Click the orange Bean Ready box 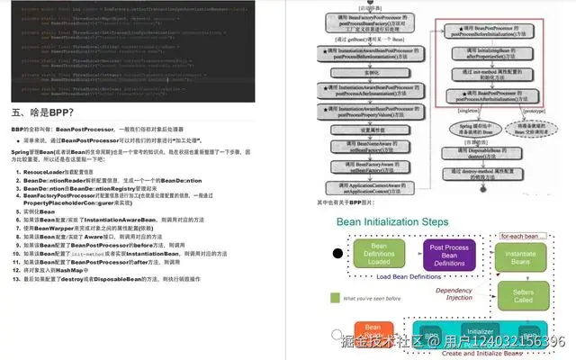(x=368, y=335)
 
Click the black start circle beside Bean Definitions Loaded (x=337, y=254)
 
